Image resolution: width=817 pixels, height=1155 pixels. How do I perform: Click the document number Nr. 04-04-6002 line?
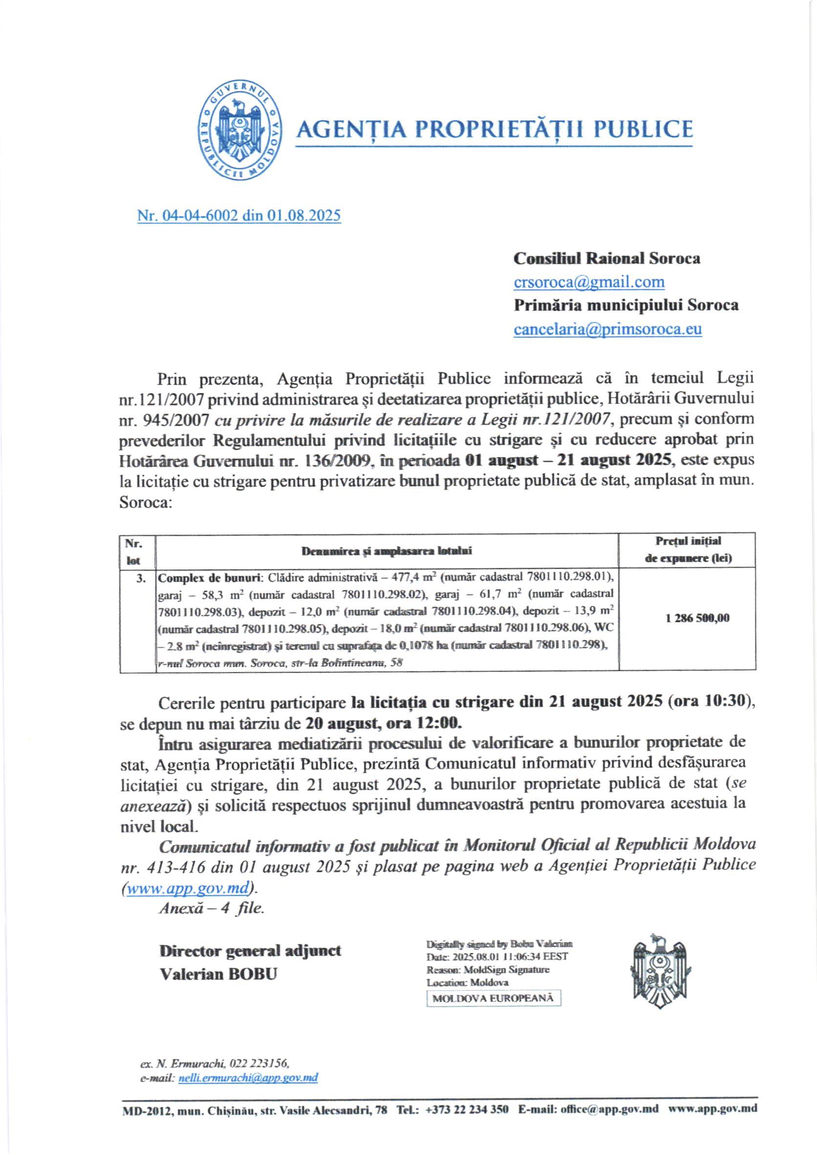point(238,216)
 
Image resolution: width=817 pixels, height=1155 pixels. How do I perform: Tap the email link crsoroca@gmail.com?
point(589,282)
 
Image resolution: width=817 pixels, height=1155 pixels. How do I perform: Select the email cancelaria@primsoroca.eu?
point(607,328)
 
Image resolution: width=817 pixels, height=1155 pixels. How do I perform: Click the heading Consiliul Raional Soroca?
point(606,258)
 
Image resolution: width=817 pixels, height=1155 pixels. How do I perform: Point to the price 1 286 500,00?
point(697,618)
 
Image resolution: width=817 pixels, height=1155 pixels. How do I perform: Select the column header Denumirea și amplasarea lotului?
point(386,551)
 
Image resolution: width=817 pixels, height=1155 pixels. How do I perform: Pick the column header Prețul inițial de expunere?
point(688,549)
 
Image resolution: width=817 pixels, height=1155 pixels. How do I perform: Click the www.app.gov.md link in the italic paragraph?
point(188,888)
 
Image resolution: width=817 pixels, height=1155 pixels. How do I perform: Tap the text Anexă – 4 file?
point(211,908)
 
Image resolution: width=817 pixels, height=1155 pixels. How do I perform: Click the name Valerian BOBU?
point(218,974)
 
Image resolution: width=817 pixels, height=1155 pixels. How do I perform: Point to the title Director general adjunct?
point(250,951)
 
